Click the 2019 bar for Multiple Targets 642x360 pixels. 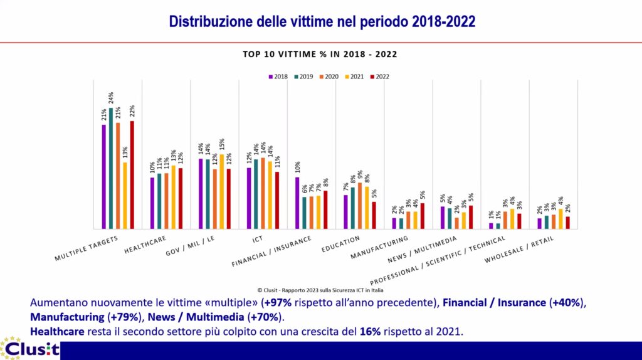[111, 168]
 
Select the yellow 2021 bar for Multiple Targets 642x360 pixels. [125, 196]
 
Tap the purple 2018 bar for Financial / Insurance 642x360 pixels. [297, 203]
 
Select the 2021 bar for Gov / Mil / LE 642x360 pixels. [222, 191]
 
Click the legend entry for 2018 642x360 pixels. [278, 77]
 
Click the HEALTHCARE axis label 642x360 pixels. [145, 244]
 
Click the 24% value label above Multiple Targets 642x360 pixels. [111, 98]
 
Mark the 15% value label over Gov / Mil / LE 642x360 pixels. [222, 145]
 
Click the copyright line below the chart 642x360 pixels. [320, 290]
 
